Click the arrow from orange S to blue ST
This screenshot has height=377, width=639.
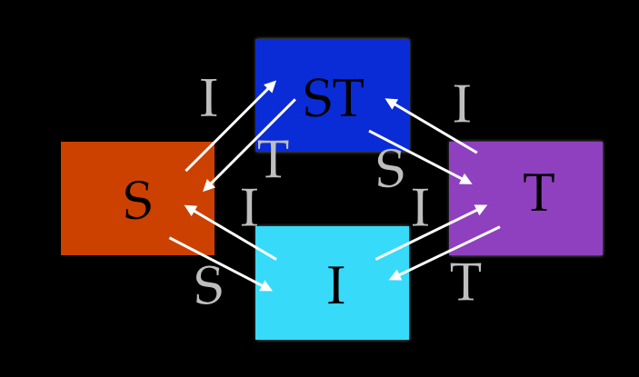(231, 125)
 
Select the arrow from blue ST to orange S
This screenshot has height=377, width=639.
(249, 145)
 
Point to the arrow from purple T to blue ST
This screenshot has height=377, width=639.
(431, 125)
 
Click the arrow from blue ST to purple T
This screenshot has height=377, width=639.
(420, 157)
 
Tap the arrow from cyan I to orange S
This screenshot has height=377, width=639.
(230, 232)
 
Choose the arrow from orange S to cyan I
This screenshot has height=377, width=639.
(221, 264)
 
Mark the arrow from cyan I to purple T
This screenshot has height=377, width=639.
(431, 232)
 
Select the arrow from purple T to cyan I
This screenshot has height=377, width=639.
(444, 253)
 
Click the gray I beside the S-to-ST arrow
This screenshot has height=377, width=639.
(208, 100)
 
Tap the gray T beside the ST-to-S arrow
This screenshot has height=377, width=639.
(273, 161)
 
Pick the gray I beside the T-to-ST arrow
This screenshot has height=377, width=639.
(462, 105)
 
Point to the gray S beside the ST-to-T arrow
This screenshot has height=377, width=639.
(390, 171)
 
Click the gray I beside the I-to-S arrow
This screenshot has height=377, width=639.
(249, 210)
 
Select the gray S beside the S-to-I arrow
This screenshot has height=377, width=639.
(208, 288)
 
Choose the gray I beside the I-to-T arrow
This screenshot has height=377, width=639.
(419, 210)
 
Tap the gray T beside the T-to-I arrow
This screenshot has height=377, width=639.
(465, 283)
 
